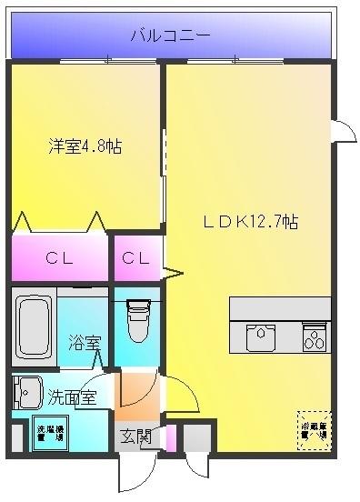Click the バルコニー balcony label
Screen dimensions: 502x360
click(170, 36)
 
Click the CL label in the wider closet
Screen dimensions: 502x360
click(60, 258)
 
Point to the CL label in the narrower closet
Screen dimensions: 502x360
click(136, 258)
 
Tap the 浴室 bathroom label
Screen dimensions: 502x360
click(84, 343)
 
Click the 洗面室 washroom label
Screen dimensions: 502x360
click(72, 397)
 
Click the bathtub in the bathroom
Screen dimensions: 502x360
click(35, 326)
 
